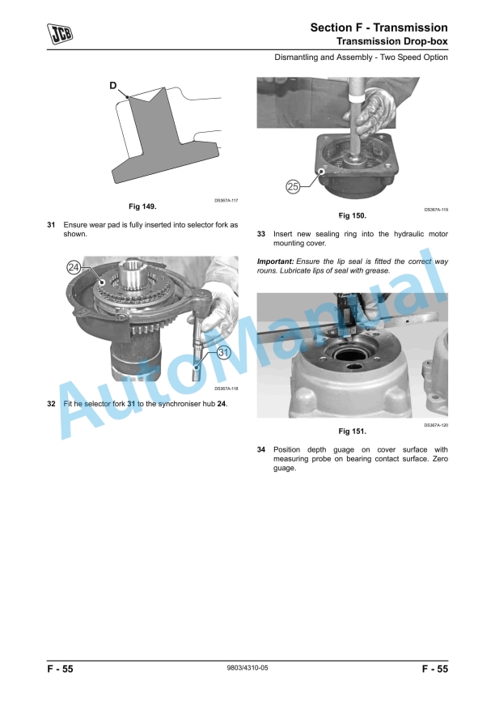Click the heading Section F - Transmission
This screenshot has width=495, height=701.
[x=379, y=28]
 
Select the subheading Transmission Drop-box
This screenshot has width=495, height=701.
[x=391, y=41]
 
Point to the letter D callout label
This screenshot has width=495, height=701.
[x=113, y=84]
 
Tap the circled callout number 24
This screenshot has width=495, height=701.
[x=74, y=267]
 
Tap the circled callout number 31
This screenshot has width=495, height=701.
[x=223, y=352]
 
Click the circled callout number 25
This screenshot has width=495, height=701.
[x=294, y=187]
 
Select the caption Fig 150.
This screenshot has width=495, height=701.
[x=352, y=215]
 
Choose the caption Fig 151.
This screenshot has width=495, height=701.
[x=352, y=431]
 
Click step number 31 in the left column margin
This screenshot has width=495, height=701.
[x=51, y=224]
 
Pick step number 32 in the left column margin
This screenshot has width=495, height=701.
[x=51, y=404]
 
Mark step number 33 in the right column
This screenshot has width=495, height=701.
[x=261, y=234]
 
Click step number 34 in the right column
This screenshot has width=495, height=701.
[x=261, y=449]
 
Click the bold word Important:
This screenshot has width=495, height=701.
[x=275, y=261]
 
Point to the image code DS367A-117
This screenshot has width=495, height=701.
[x=226, y=200]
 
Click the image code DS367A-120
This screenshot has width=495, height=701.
[x=435, y=424]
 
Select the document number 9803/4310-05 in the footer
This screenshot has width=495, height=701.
[x=247, y=669]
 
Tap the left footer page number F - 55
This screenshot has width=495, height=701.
[x=60, y=669]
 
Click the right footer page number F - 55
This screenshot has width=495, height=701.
[x=434, y=669]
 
